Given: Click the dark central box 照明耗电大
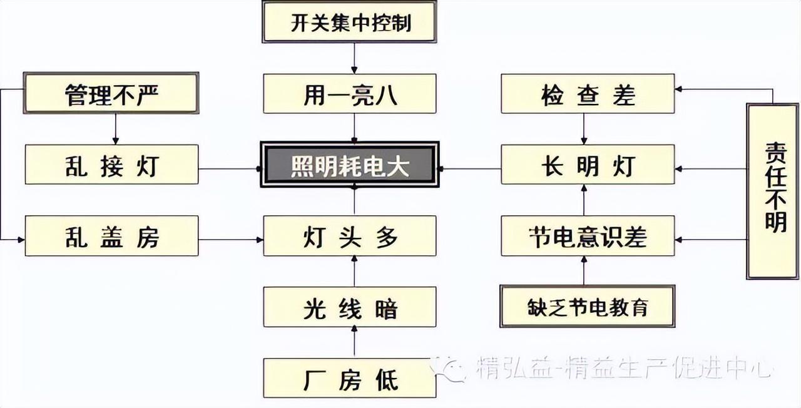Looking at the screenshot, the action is (x=350, y=165).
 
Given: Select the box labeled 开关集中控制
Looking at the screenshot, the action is (x=349, y=22).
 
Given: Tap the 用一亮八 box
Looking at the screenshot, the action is (x=350, y=94).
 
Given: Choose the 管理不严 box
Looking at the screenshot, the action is (x=111, y=93).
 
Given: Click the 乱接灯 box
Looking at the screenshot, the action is (x=111, y=165).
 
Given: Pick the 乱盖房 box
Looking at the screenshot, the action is (x=111, y=236).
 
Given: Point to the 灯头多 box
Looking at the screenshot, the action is (x=350, y=236).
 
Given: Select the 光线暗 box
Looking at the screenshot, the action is (x=350, y=307).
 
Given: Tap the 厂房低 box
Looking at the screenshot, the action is (x=350, y=378).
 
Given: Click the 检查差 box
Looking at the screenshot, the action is (x=588, y=94).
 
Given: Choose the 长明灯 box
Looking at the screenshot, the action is (x=588, y=165).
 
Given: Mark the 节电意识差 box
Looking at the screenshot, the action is (x=588, y=236).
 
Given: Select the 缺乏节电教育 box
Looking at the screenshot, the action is (x=588, y=306).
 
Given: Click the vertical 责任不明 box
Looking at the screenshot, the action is (x=772, y=191).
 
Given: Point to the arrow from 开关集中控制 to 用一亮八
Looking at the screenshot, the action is (x=354, y=58).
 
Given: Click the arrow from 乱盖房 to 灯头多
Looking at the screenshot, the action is (x=231, y=240).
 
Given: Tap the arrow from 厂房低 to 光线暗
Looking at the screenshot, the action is (x=354, y=342).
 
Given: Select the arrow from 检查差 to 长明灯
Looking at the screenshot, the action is (x=584, y=129).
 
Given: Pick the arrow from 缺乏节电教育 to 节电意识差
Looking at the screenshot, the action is (x=584, y=271).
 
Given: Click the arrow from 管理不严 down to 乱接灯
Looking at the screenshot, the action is (x=116, y=129).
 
